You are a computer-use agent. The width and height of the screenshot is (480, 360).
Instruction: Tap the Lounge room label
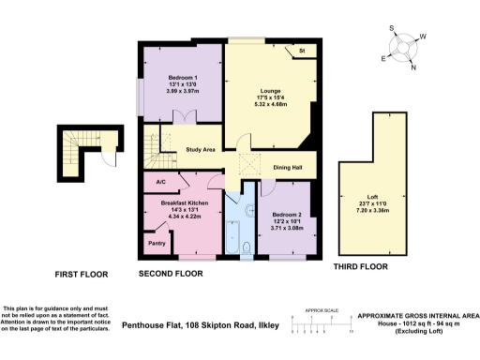click(275, 91)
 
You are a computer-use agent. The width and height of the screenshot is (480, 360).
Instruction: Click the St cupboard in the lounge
click(302, 50)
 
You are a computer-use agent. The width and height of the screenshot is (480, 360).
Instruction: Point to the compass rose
click(404, 47)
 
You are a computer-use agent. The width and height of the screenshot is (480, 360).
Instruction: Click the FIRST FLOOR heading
click(80, 276)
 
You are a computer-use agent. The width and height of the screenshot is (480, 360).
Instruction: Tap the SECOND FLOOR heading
click(171, 276)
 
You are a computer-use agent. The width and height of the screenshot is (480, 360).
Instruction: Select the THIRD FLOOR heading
click(361, 267)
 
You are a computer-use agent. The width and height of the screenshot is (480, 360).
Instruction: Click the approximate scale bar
click(322, 325)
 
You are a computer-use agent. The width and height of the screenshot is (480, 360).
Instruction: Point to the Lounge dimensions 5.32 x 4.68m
click(275, 104)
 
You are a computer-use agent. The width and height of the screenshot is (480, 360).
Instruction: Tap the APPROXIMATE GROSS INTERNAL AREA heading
click(417, 317)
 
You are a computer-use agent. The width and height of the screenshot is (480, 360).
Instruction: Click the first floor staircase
click(74, 155)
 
